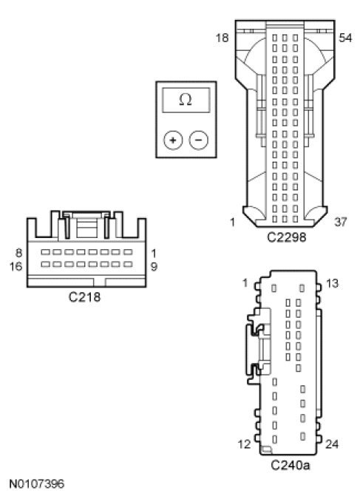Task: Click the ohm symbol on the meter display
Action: pyautogui.click(x=186, y=100)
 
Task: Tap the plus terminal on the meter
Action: pyautogui.click(x=173, y=140)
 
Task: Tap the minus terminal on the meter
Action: pyautogui.click(x=199, y=140)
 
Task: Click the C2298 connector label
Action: pyautogui.click(x=287, y=237)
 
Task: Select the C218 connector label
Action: pyautogui.click(x=84, y=296)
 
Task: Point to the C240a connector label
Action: pyautogui.click(x=291, y=465)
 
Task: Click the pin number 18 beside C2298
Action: pyautogui.click(x=222, y=38)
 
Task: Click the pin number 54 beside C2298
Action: pyautogui.click(x=345, y=38)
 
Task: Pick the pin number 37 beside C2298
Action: pyautogui.click(x=340, y=222)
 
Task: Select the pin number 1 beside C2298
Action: pyautogui.click(x=233, y=222)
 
